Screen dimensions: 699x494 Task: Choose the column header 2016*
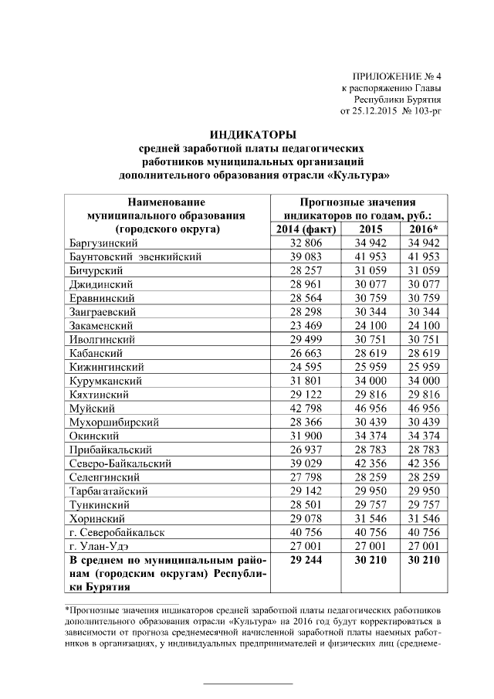tap(422, 229)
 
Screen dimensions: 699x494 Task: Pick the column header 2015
tap(370, 229)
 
